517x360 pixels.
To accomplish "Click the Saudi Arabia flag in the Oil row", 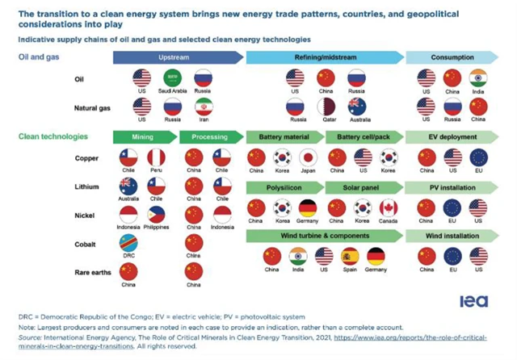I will click(173, 78).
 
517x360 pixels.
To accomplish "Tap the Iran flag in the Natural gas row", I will click(203, 107).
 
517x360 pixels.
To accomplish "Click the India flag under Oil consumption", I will click(478, 78).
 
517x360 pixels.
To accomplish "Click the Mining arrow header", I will click(146, 137).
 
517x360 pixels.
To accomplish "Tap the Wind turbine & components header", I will click(322, 236).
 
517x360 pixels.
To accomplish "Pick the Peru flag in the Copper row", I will click(157, 157).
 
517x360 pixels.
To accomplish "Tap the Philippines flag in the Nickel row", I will click(158, 214).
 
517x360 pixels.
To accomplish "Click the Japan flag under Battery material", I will click(308, 157).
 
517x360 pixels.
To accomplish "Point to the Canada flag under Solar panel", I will click(389, 207).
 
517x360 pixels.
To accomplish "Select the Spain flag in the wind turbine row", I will click(350, 256).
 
